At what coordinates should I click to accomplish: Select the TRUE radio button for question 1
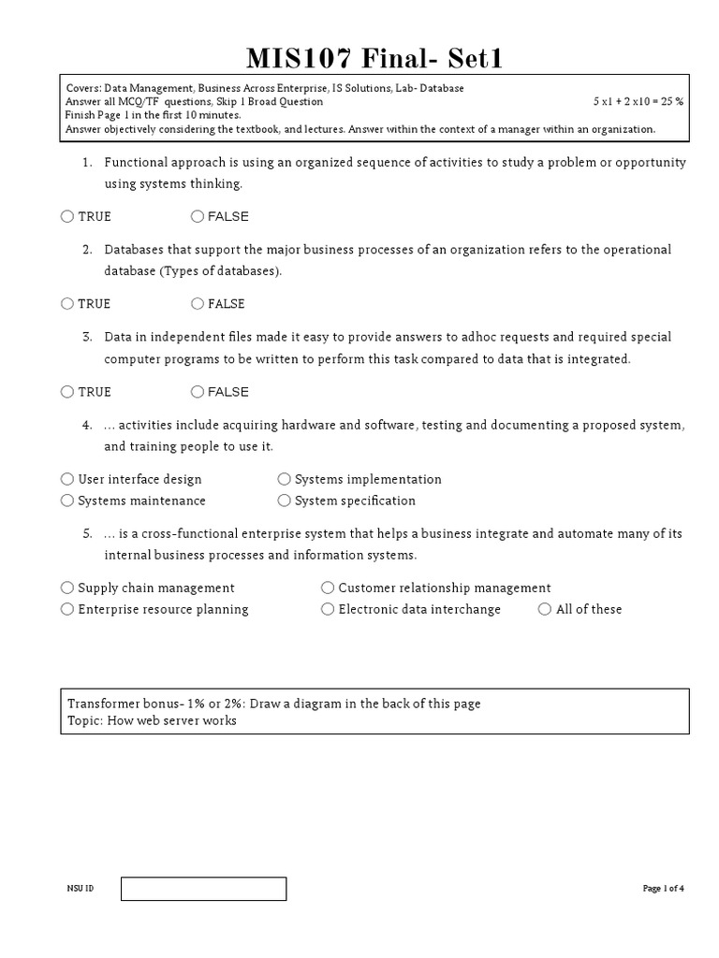67,216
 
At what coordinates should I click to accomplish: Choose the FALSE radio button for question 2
198,303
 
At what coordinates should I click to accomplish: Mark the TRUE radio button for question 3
67,391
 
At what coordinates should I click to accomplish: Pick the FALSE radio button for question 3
198,391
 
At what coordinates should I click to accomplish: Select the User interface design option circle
67,479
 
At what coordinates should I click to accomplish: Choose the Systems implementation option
285,479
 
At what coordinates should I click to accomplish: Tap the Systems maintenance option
67,501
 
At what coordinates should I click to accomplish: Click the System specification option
285,501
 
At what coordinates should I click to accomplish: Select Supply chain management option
67,588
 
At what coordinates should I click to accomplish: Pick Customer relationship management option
328,588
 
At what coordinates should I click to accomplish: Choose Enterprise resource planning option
67,609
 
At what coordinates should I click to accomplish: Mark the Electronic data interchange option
328,609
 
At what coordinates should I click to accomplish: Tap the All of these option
545,609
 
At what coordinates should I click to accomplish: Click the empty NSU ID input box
203,889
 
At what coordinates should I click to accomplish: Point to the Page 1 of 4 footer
664,889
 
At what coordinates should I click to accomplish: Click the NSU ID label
81,889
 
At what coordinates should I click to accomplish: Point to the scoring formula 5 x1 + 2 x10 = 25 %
638,101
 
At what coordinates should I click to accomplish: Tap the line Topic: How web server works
152,720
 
